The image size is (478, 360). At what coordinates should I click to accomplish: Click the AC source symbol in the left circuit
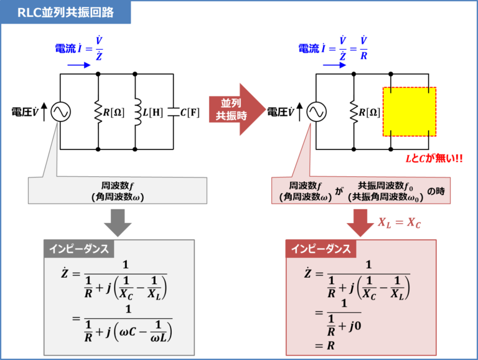[x=60, y=112]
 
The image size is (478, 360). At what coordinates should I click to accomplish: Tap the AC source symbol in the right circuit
[x=316, y=112]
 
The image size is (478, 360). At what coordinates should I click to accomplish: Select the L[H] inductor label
[x=152, y=113]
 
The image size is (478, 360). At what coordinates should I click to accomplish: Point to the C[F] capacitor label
[x=190, y=113]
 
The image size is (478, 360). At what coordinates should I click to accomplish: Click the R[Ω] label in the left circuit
[x=114, y=113]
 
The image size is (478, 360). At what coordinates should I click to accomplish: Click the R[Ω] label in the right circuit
[x=370, y=113]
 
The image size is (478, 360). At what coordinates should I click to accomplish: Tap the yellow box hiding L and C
[x=410, y=112]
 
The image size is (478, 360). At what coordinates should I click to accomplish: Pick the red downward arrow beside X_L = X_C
[x=361, y=222]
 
